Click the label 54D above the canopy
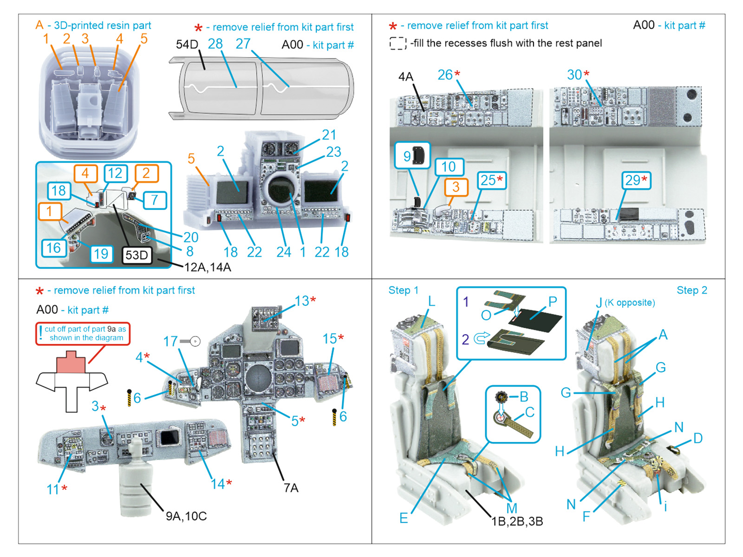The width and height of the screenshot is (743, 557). point(187,45)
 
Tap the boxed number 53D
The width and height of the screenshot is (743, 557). point(137,255)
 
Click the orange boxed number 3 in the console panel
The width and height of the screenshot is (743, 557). point(456,187)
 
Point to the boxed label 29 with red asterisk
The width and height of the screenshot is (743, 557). point(636,180)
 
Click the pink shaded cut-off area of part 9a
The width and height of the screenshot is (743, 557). point(71,363)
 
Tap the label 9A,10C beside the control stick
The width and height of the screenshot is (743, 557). point(186,516)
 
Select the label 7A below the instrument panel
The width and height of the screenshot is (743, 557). point(291,488)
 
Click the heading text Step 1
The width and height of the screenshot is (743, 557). point(403,291)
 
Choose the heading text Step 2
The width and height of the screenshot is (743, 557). point(691,291)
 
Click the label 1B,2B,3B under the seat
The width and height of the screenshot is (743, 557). point(517,521)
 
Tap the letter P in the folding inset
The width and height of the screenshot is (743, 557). point(553,301)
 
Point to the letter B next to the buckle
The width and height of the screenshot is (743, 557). point(524,397)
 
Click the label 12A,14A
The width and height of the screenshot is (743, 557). point(208,267)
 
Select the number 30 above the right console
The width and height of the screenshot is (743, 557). point(574,75)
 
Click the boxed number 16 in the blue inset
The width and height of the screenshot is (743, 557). point(53,248)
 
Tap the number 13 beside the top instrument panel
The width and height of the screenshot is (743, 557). point(302,301)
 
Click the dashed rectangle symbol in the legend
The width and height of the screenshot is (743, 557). point(398,44)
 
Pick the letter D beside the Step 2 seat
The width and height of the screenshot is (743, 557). point(698,438)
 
